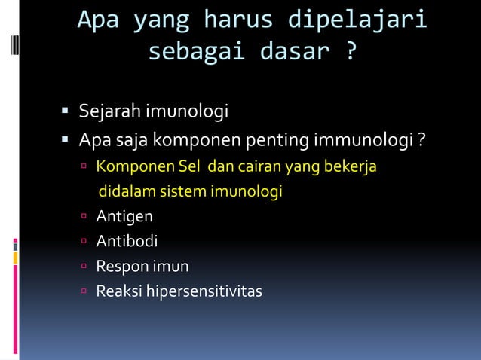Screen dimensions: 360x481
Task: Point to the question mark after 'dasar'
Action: click(351, 53)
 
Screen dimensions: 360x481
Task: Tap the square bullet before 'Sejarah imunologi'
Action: click(66, 113)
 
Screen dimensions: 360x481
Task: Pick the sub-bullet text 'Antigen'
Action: click(124, 217)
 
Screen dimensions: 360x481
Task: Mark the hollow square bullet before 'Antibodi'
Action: click(87, 242)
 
